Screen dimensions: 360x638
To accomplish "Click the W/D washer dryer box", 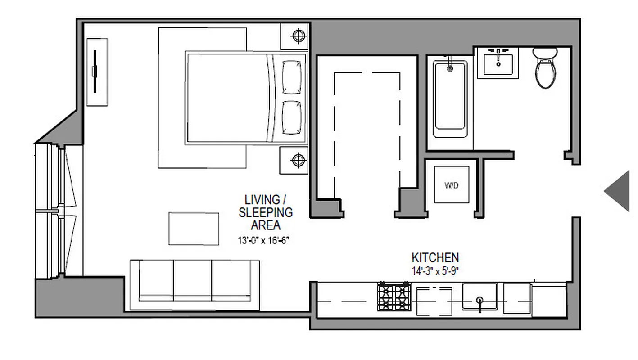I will pos(451,185).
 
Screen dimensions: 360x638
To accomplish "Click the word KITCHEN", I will pos(435,258).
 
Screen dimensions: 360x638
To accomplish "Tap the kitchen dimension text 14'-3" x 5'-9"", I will pos(435,271).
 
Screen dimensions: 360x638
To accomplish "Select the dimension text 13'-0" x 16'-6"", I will pos(263,241).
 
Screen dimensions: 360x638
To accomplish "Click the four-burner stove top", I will pos(394,297).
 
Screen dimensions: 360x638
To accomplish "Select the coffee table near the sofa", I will pos(194,229).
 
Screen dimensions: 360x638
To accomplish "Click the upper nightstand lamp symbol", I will pos(298,36).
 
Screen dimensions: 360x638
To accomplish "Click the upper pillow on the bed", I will pos(291,77).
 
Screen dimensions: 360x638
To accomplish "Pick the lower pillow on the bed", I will pos(291,117).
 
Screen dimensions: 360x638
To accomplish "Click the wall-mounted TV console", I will pos(96,72).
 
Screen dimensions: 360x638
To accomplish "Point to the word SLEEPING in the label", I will pos(266,212).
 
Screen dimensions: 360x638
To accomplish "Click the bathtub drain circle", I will pos(449,69).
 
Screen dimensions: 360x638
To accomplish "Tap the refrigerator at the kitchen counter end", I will pos(549,299).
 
